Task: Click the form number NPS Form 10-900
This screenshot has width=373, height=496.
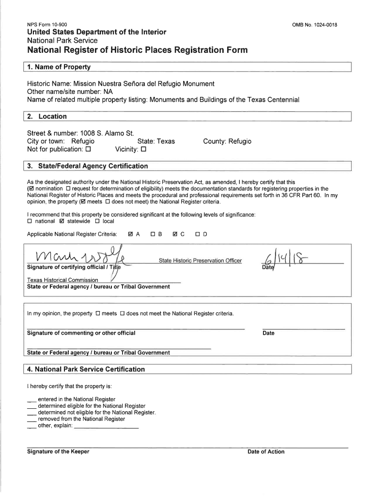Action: tap(47, 25)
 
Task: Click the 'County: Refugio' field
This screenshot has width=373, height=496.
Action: tap(227, 141)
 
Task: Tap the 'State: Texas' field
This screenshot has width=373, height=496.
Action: tap(156, 141)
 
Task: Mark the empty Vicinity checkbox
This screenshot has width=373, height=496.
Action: tap(143, 150)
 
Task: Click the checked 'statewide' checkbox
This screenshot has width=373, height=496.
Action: tap(62, 222)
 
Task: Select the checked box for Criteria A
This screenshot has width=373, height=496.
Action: tap(130, 234)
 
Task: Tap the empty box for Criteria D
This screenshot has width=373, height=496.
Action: tap(197, 234)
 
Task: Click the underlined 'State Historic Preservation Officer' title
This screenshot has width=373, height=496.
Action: tap(200, 261)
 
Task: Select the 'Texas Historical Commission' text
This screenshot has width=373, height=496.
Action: tap(62, 280)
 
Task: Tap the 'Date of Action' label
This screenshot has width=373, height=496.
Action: tap(266, 451)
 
